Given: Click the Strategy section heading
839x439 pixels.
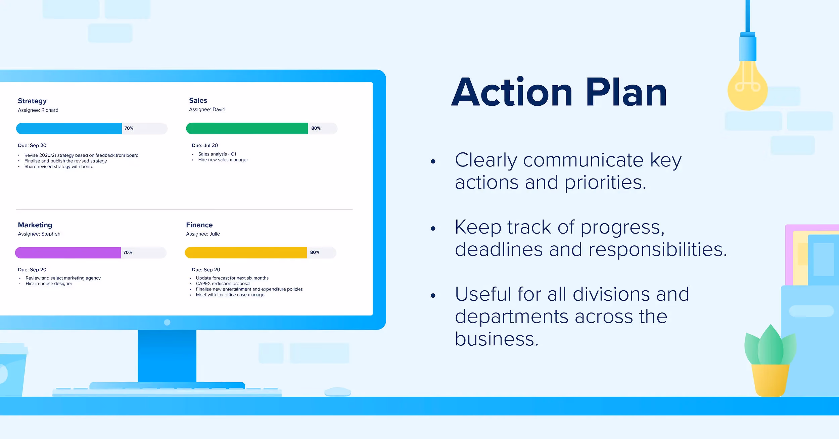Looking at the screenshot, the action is (x=32, y=101).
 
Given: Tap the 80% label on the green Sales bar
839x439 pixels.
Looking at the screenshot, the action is (x=316, y=128).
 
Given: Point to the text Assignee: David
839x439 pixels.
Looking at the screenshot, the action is (x=207, y=109).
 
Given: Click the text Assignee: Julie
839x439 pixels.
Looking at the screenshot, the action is (x=203, y=234).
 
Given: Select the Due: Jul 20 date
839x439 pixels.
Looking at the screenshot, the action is (x=205, y=145).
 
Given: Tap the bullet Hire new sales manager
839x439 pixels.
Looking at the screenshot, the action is (x=223, y=160).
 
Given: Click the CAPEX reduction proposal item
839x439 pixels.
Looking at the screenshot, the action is (x=223, y=284).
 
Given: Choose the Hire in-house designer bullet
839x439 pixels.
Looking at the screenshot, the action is (x=49, y=284).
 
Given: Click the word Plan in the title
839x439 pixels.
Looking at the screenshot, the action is (x=626, y=92).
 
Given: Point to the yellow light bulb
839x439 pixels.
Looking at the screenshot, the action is (x=747, y=86).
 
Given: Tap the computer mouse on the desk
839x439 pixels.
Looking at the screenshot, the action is (x=338, y=392).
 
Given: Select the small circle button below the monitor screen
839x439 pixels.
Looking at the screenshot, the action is (x=167, y=323).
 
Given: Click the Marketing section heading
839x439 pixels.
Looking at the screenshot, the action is (x=35, y=225).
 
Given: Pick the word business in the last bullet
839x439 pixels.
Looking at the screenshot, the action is (x=497, y=339).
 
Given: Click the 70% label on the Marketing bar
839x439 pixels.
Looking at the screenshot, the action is (x=128, y=252).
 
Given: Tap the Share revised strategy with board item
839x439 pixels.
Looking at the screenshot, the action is (x=59, y=166).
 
